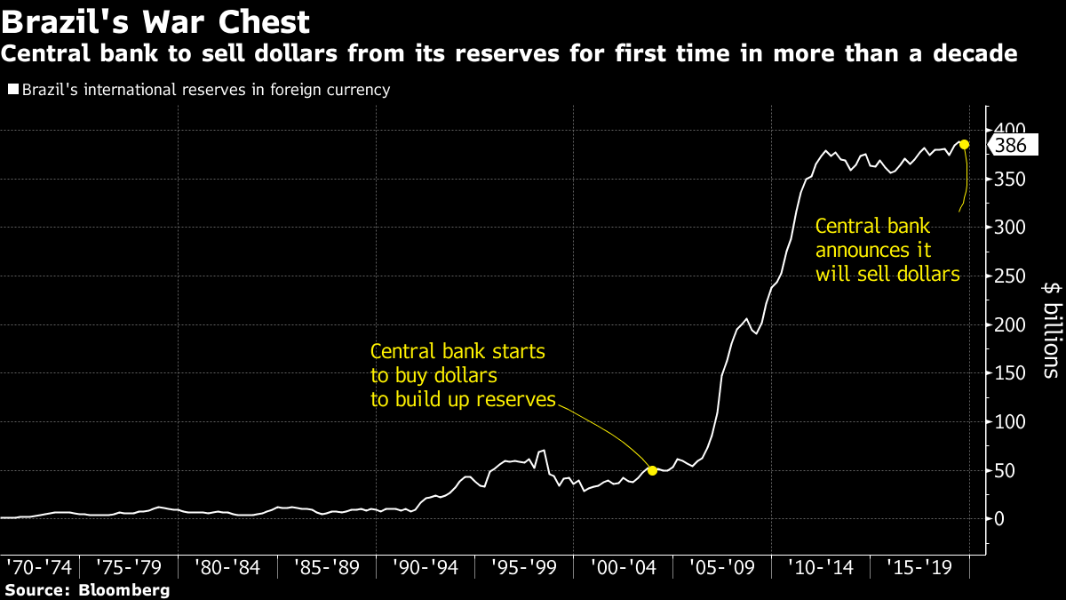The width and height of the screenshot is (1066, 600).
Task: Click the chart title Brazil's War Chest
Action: [155, 21]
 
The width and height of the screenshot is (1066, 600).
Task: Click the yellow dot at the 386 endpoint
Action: [965, 145]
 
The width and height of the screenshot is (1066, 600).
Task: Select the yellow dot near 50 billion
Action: [652, 470]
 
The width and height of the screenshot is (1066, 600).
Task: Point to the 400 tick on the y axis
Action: [1010, 131]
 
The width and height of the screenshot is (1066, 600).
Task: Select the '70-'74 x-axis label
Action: [40, 566]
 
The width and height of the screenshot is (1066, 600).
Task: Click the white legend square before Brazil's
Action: [12, 90]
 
